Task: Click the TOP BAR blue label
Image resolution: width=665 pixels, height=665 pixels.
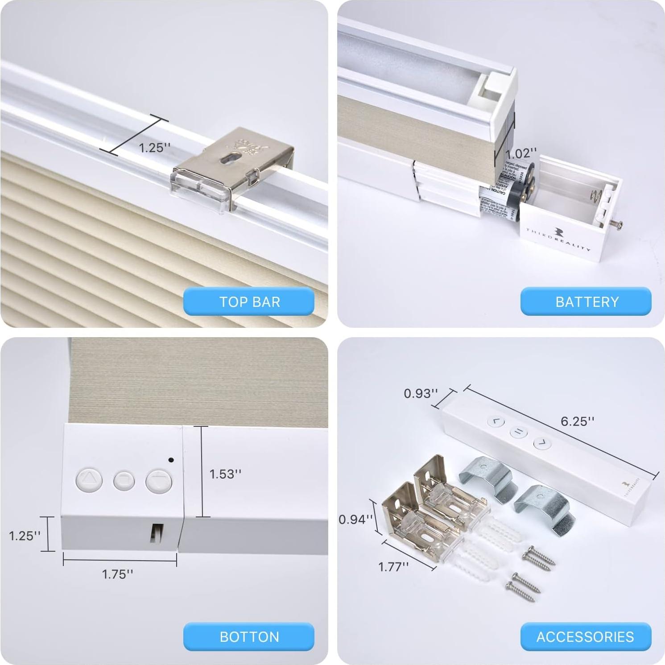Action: point(249,302)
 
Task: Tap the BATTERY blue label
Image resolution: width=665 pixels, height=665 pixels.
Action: point(586,302)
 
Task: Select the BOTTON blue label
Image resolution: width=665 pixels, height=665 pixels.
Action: point(249,636)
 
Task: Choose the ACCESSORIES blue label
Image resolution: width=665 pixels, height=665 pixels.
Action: point(585,636)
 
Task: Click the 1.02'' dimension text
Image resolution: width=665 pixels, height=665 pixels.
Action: point(521,154)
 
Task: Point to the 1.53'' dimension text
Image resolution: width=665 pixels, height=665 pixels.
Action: point(225,474)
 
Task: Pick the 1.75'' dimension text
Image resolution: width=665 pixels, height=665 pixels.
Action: point(117,574)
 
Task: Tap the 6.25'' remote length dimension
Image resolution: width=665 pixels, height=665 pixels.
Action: point(577,421)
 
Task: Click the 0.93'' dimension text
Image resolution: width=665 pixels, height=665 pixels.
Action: point(421,393)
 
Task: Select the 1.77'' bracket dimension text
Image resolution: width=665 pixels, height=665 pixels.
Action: point(393,566)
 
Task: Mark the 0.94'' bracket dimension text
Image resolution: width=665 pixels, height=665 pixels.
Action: point(355,519)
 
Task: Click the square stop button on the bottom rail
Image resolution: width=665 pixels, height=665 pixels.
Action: point(124,481)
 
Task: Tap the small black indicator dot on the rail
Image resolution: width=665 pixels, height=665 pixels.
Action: point(172,460)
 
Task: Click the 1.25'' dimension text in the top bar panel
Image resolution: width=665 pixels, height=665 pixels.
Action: point(155,148)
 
